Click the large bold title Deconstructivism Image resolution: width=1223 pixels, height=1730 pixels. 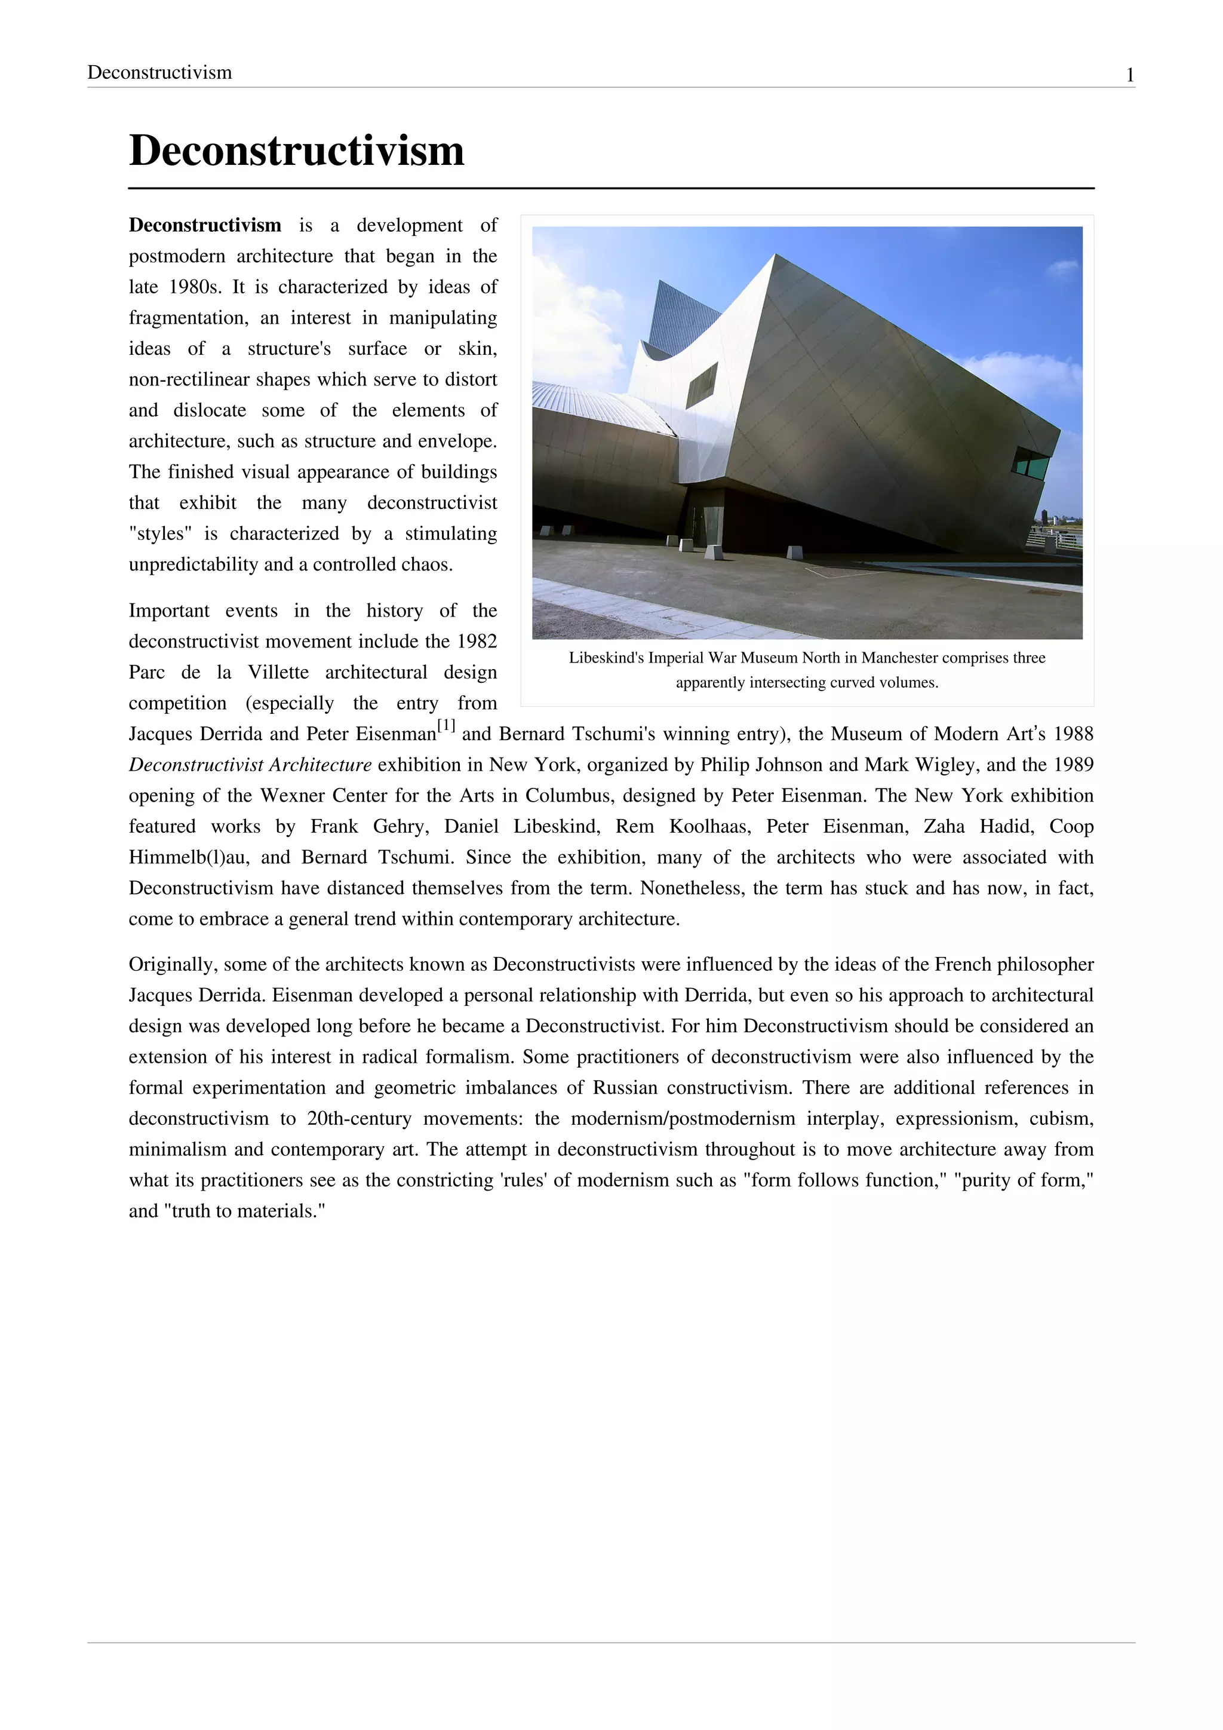click(296, 151)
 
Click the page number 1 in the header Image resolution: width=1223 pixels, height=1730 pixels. click(1130, 75)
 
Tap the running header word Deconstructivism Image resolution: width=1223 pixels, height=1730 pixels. click(159, 72)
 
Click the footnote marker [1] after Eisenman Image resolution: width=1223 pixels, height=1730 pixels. click(447, 726)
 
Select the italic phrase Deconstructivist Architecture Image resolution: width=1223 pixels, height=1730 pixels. click(250, 765)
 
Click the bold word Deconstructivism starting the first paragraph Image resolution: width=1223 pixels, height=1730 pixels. click(205, 225)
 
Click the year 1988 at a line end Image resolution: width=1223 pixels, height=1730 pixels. click(1073, 734)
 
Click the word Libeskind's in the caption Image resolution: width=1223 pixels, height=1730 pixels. click(606, 658)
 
